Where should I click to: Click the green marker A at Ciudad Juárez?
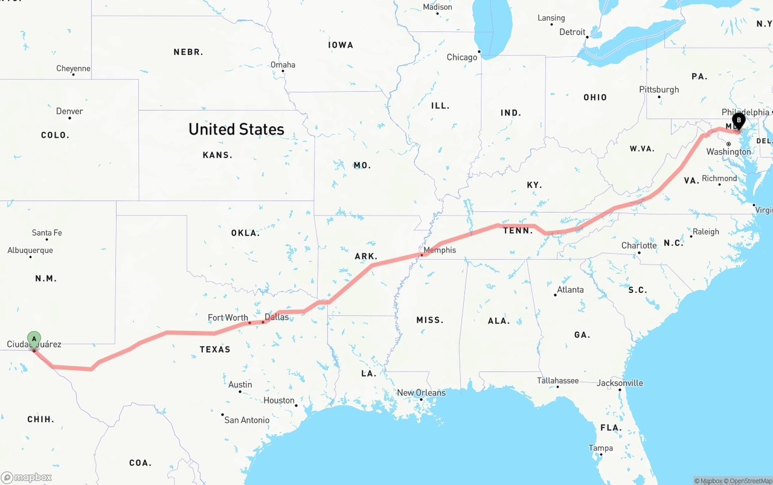tap(34, 338)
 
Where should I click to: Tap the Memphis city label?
tap(440, 250)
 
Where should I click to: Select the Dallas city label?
tap(277, 317)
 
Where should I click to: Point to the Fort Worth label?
tap(228, 318)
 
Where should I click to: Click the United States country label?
tap(236, 129)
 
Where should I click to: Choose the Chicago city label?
tap(462, 57)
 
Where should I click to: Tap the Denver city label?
tap(69, 111)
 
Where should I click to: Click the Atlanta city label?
tap(570, 290)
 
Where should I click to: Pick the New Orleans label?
tap(421, 393)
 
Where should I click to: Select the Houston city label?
tap(279, 400)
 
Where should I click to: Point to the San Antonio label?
tap(247, 420)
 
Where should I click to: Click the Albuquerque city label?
tap(30, 251)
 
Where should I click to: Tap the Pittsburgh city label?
tap(659, 89)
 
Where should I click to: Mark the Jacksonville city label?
tap(620, 383)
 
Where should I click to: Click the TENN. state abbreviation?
tap(518, 231)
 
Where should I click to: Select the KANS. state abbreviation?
tap(217, 155)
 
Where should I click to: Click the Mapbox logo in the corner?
tap(27, 477)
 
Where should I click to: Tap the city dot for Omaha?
tap(283, 71)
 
